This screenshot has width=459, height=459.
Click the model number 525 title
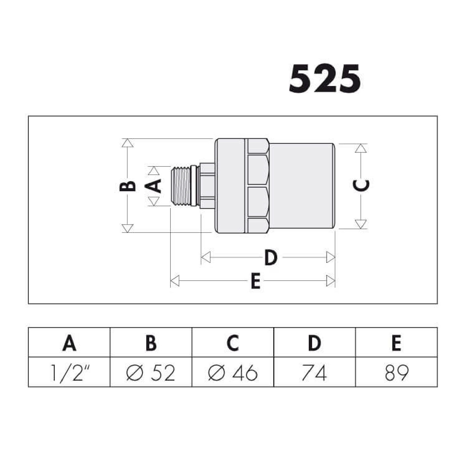[325, 79]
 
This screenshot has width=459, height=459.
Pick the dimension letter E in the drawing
[256, 281]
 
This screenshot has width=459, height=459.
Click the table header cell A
[69, 342]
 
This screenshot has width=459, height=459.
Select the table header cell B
[151, 342]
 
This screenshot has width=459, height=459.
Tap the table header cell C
[233, 342]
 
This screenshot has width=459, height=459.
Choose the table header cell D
[315, 342]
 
